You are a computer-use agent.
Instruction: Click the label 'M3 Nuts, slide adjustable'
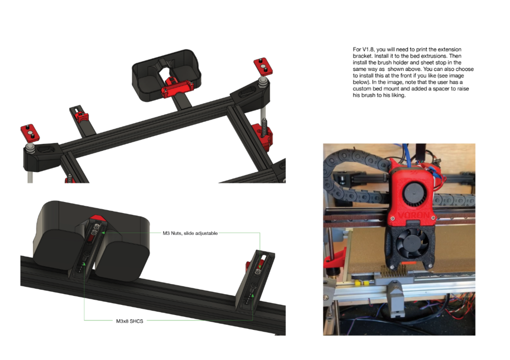(x=190, y=233)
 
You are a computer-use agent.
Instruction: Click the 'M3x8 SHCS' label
(x=130, y=321)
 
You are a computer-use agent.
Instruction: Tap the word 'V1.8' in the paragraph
(x=369, y=49)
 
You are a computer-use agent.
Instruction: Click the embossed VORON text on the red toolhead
(x=413, y=216)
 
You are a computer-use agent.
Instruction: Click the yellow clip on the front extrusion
(x=361, y=283)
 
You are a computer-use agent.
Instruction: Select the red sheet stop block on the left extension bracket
(x=81, y=117)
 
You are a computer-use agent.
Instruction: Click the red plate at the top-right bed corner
(x=263, y=66)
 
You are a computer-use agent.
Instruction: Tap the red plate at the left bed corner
(x=30, y=133)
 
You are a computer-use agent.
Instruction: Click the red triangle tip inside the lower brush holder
(x=97, y=218)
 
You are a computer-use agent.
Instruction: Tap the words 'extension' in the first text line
(x=449, y=49)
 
